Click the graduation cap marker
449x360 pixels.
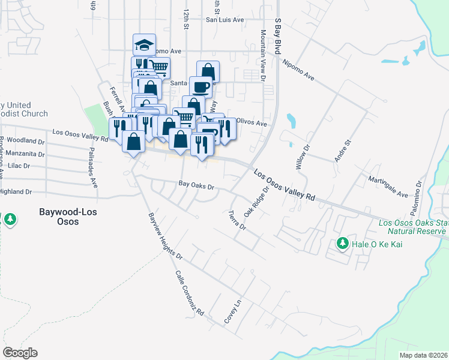point(144,44)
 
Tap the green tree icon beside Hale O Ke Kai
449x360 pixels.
point(343,243)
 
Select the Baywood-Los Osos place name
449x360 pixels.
point(68,217)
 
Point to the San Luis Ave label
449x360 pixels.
point(225,20)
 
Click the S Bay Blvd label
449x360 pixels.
point(278,36)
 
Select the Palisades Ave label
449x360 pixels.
point(94,167)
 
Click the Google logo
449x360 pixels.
point(20,352)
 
